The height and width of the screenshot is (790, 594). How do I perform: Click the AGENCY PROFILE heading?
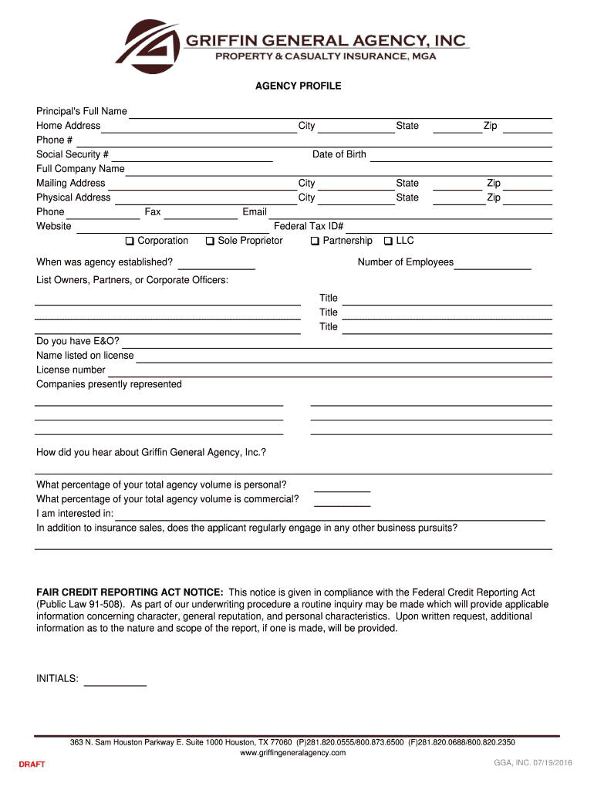(x=298, y=86)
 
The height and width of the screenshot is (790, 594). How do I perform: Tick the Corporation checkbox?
(x=130, y=241)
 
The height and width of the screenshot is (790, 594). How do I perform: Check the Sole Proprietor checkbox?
(x=210, y=241)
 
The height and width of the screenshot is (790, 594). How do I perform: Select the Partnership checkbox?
(x=315, y=241)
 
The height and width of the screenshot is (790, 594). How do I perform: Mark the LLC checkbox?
(x=388, y=241)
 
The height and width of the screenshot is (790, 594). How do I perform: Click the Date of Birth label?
(x=339, y=154)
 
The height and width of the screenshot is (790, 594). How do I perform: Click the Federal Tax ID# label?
(x=309, y=227)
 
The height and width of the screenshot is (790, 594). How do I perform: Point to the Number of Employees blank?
(x=493, y=265)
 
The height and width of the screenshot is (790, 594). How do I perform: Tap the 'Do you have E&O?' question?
(x=78, y=341)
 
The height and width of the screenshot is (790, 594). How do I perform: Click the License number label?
(x=71, y=370)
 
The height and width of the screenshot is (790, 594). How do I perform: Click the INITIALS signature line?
(x=115, y=681)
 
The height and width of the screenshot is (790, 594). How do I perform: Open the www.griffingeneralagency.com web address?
(x=292, y=753)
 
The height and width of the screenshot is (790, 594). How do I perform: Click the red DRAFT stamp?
(x=32, y=765)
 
